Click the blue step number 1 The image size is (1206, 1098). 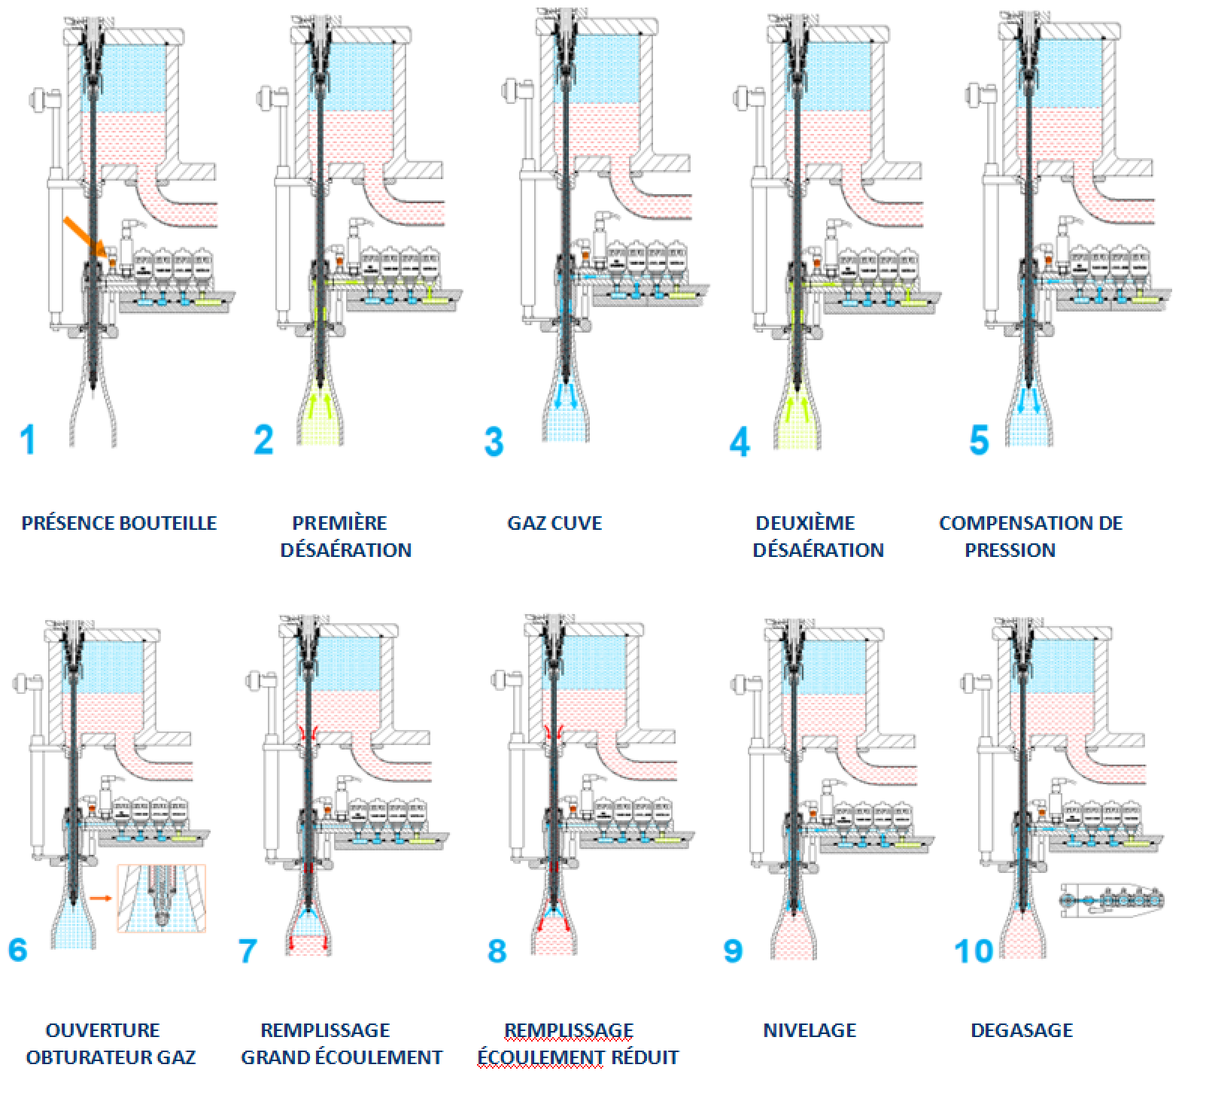[x=28, y=440]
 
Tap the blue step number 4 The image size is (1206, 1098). [x=740, y=441]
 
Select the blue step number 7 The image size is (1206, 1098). [x=248, y=950]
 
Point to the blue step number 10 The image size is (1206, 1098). [x=974, y=951]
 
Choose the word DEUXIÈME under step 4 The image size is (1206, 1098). [x=805, y=523]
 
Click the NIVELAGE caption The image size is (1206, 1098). [x=810, y=1030]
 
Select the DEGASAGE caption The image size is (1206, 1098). [x=1022, y=1030]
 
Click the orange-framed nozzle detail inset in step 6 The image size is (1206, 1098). [x=161, y=899]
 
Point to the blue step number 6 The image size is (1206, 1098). [x=17, y=950]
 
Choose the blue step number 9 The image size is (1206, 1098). [x=733, y=950]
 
